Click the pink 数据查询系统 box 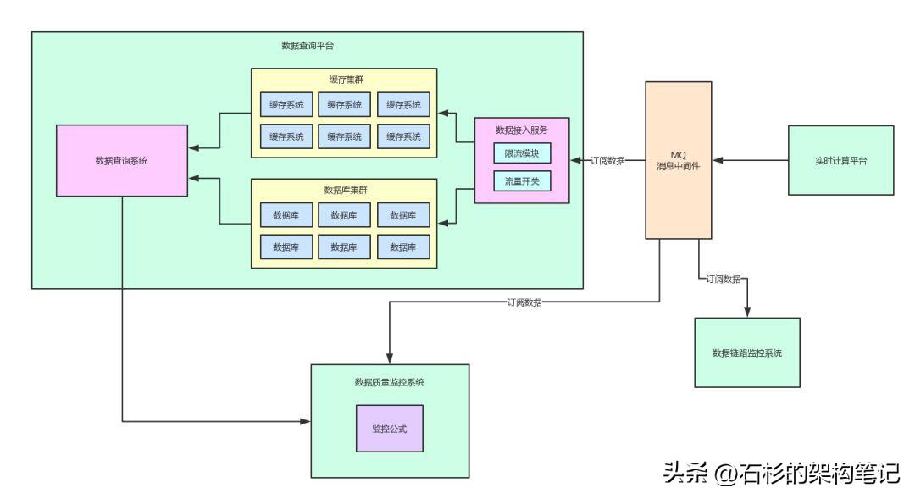click(x=121, y=160)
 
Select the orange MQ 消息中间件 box click(x=677, y=160)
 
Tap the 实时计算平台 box click(x=840, y=160)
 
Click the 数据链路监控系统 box click(x=746, y=352)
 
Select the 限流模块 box click(x=522, y=153)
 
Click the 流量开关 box click(x=522, y=180)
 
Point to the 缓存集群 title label click(x=345, y=79)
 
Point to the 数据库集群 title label click(x=345, y=189)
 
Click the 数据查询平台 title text click(x=307, y=45)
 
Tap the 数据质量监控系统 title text click(x=390, y=382)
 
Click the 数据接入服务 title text click(x=522, y=130)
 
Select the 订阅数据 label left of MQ click(x=607, y=160)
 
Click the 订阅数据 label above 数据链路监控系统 click(x=724, y=279)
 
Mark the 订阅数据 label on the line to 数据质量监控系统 click(x=525, y=302)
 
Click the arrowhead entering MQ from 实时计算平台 click(x=717, y=160)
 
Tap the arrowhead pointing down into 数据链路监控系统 click(x=746, y=313)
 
